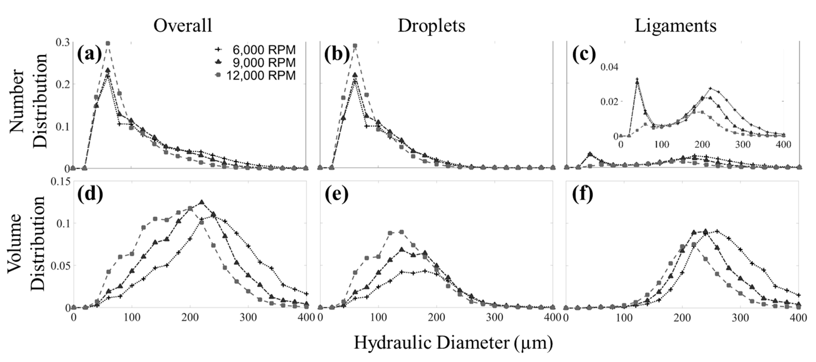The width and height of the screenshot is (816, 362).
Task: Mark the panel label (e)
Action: click(337, 194)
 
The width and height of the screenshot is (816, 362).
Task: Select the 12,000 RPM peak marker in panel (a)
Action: click(108, 43)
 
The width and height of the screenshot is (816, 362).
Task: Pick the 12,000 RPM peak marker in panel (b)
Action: click(355, 46)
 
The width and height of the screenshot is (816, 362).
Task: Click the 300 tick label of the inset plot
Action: click(743, 144)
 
